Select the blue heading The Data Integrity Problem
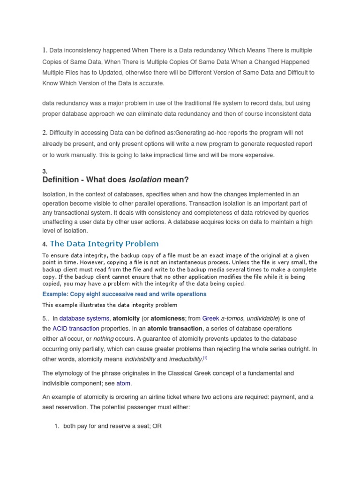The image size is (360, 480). pos(104,243)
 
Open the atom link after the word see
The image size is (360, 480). pos(123,383)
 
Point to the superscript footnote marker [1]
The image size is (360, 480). pos(204,358)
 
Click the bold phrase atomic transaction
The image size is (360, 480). pos(180,329)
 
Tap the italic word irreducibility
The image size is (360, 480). pos(185,359)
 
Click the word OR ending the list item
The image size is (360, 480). pos(157,427)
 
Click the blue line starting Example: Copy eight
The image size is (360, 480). pos(124,294)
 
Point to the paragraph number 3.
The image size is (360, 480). pos(45,172)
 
